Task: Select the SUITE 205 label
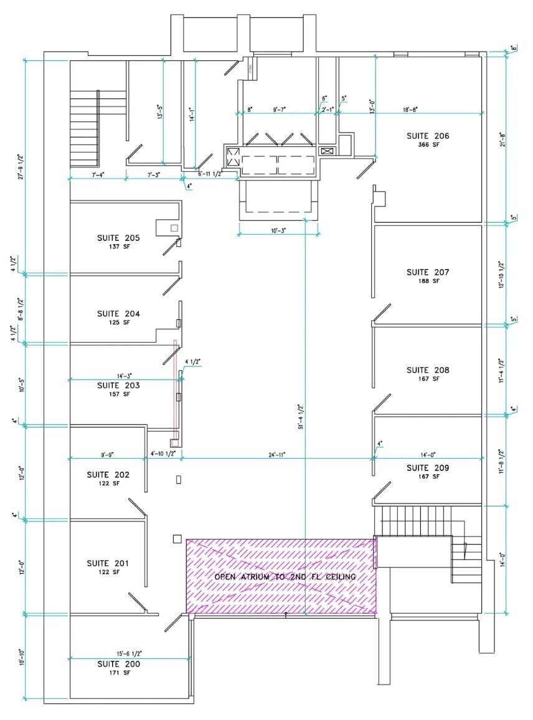(x=118, y=238)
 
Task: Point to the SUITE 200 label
(x=118, y=664)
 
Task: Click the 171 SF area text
(x=118, y=673)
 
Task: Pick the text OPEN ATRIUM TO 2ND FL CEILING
(x=285, y=577)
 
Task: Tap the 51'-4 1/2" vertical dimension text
(x=301, y=415)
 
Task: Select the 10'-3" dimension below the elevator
(x=278, y=230)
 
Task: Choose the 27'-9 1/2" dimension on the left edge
(x=21, y=166)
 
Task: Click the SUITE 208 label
(x=427, y=370)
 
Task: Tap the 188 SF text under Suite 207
(x=427, y=281)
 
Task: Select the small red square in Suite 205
(x=174, y=228)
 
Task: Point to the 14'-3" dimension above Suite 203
(x=123, y=376)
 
